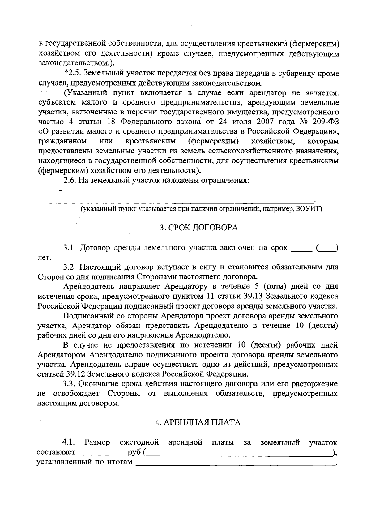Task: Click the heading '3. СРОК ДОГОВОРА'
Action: point(199,228)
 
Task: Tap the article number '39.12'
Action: point(76,374)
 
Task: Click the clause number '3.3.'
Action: point(69,384)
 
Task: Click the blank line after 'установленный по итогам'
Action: point(235,463)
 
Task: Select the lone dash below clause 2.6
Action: point(61,191)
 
